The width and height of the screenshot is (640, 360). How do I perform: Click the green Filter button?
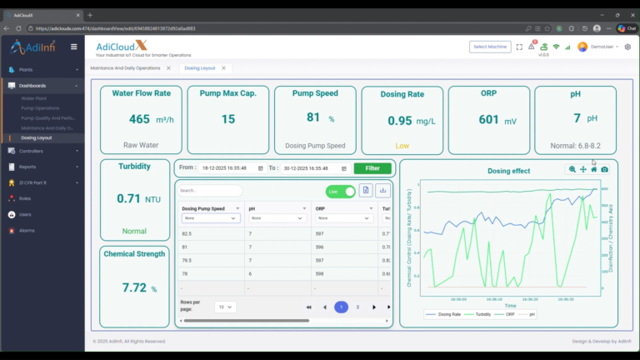point(372,168)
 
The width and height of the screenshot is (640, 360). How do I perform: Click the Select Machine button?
point(490,47)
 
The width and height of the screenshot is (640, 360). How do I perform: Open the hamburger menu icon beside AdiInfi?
point(74,47)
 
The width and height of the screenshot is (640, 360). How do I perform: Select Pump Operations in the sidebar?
point(40,108)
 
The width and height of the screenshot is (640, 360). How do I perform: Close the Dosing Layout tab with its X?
point(224,67)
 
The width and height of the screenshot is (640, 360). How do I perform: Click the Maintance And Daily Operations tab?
point(125,67)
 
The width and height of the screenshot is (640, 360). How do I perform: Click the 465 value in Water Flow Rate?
point(139,119)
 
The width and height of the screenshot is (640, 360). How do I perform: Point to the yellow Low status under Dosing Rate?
point(402,146)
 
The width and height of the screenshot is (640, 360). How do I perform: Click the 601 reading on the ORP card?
point(488,119)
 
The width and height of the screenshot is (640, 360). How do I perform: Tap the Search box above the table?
point(211,191)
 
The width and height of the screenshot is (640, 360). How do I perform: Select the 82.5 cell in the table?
point(187,233)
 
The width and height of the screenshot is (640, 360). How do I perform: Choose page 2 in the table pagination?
point(357,307)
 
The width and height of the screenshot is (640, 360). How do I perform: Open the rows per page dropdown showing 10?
point(225,307)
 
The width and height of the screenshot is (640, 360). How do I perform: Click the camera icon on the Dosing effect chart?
point(604,169)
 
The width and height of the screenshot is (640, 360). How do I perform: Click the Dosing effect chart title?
point(508,171)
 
